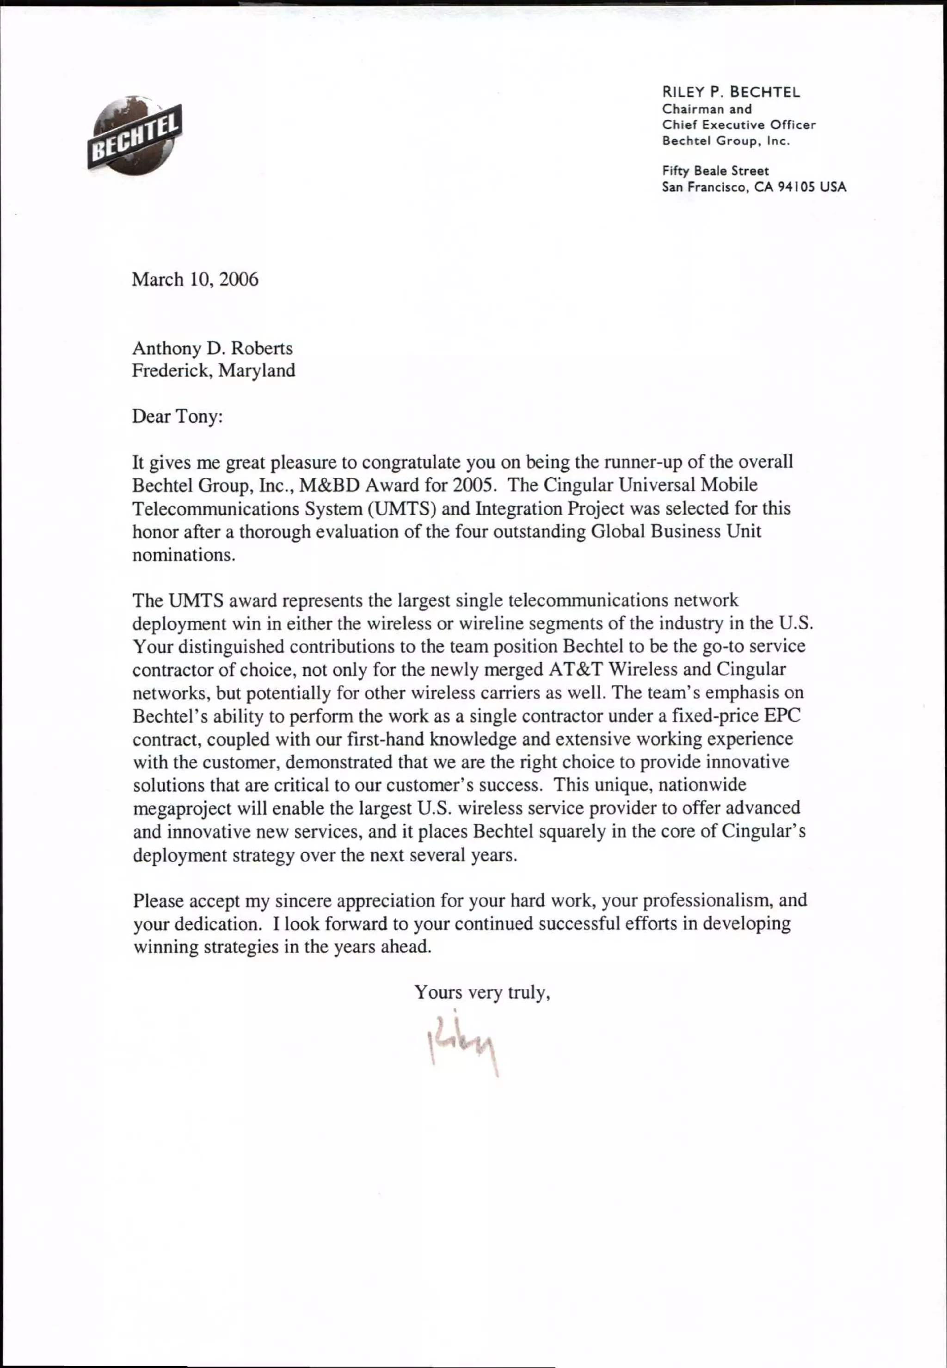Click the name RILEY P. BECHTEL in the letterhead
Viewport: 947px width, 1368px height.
[731, 92]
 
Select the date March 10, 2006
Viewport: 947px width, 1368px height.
[195, 279]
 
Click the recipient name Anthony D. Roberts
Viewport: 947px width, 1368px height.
[212, 348]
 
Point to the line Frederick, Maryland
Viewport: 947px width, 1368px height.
[213, 371]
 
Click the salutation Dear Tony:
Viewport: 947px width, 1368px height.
[177, 417]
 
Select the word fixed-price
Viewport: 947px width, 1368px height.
[716, 716]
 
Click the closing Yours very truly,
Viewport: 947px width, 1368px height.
[482, 992]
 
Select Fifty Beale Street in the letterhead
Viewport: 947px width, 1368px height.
[715, 171]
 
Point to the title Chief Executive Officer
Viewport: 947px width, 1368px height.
[739, 125]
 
